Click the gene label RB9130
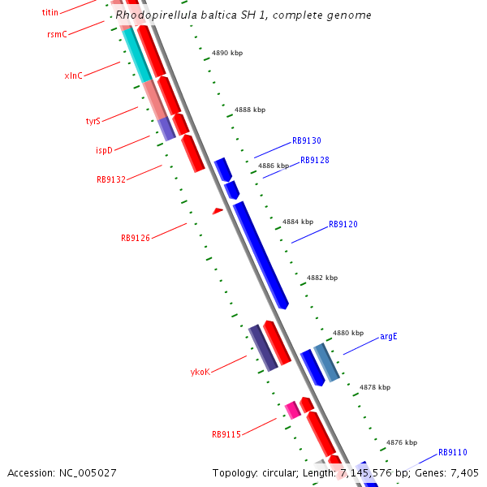(306, 140)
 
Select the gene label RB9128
(314, 160)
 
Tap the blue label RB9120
(343, 224)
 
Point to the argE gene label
(389, 336)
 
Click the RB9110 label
(452, 452)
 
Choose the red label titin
(50, 13)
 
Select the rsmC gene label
(57, 34)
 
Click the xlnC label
(73, 75)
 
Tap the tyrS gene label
(93, 121)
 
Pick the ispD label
(104, 150)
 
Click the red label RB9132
(110, 179)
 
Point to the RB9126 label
(135, 238)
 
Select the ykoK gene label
(200, 372)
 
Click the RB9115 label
(226, 434)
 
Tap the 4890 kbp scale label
(227, 53)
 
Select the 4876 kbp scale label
(401, 442)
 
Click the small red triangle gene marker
(218, 211)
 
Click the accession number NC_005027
(62, 472)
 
